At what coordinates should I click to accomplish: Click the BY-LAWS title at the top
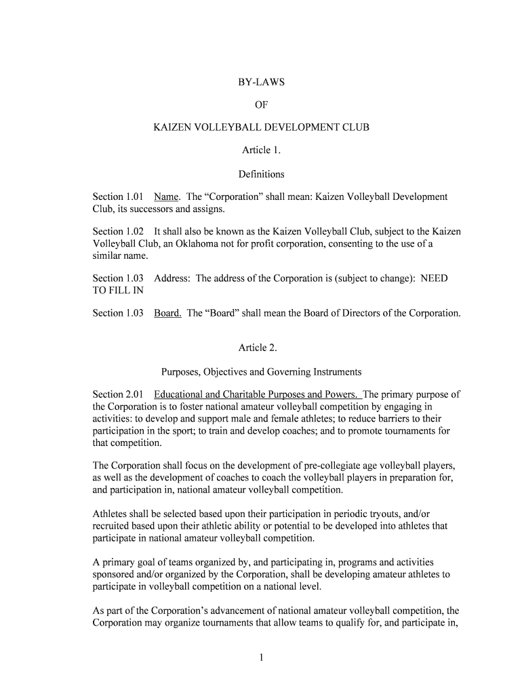(x=261, y=82)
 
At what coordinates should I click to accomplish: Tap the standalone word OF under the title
(x=261, y=105)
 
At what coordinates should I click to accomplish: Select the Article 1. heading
(x=261, y=150)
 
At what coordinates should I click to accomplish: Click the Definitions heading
(x=261, y=174)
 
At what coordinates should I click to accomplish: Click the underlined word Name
(x=166, y=197)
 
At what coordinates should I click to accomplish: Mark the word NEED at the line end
(x=434, y=279)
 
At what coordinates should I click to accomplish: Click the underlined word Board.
(x=167, y=313)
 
